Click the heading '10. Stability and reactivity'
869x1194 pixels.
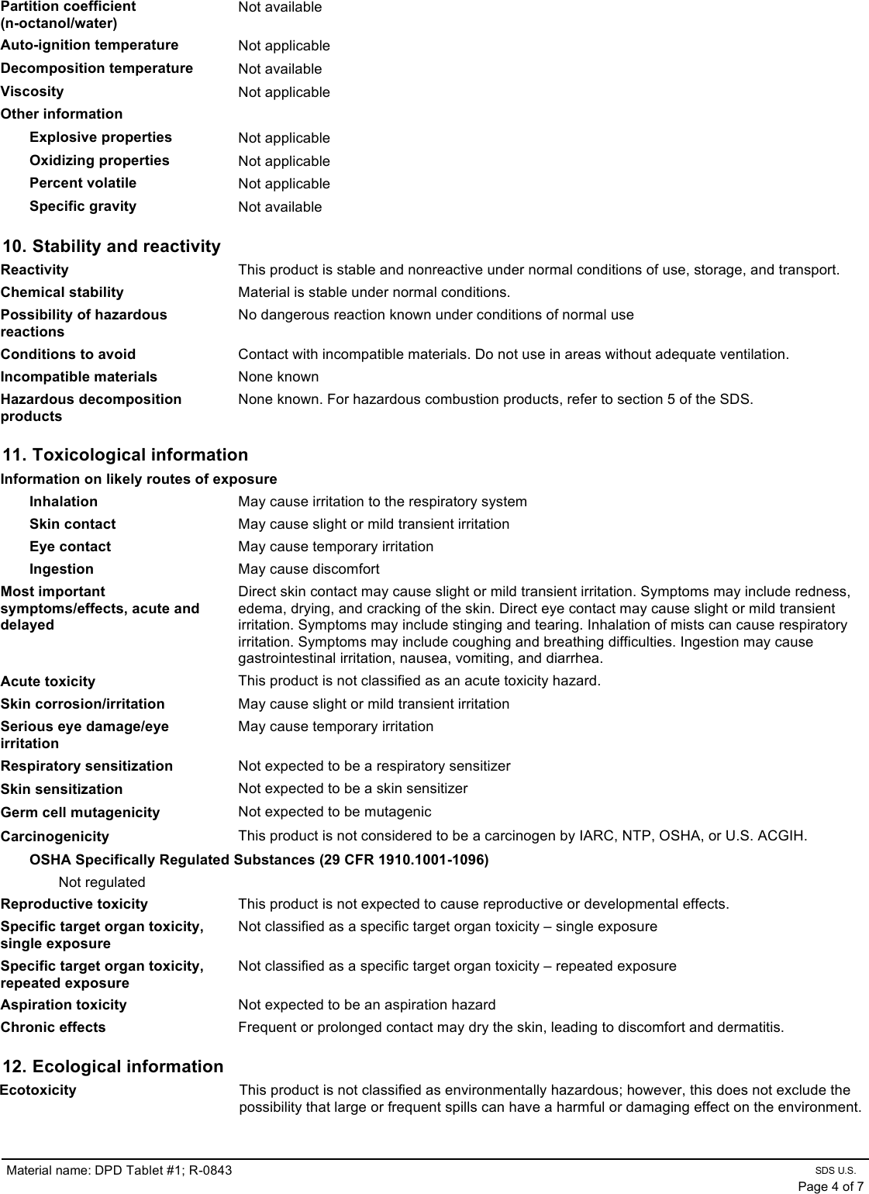tap(112, 247)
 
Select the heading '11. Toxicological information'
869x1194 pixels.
tap(126, 455)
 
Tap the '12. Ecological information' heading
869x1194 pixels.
tap(113, 1067)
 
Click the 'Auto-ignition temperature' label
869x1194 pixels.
tap(89, 45)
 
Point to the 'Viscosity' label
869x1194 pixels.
tap(33, 91)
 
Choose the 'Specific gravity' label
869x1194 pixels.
tap(83, 206)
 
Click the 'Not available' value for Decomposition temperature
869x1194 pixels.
tap(280, 69)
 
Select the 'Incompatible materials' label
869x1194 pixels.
tap(79, 377)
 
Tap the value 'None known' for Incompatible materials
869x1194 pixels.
tap(278, 377)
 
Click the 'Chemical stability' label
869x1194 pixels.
tap(62, 292)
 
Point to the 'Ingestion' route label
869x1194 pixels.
tap(61, 569)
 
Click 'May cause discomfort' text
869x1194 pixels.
tap(309, 569)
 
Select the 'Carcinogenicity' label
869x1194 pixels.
tap(55, 837)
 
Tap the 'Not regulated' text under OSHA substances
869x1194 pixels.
tap(102, 882)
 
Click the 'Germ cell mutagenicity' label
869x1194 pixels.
tap(80, 813)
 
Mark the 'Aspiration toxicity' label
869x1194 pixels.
tap(64, 1005)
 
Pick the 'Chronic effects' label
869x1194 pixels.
tap(53, 1027)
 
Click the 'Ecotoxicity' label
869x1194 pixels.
tap(39, 1090)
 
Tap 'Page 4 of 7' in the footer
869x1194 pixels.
tap(830, 1186)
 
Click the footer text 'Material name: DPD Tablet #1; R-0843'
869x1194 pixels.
tap(119, 1170)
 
